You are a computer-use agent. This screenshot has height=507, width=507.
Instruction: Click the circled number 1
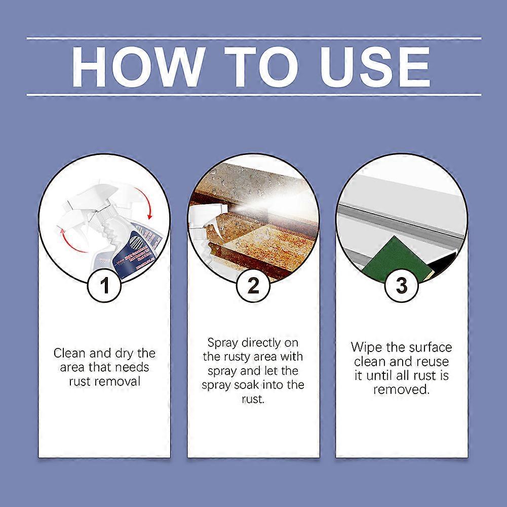105,286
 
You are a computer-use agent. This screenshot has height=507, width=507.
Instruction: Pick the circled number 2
253,286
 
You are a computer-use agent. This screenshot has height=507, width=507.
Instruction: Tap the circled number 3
401,286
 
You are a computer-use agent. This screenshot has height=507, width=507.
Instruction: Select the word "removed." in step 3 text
401,389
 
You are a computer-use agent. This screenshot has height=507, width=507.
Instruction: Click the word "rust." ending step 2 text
253,399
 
